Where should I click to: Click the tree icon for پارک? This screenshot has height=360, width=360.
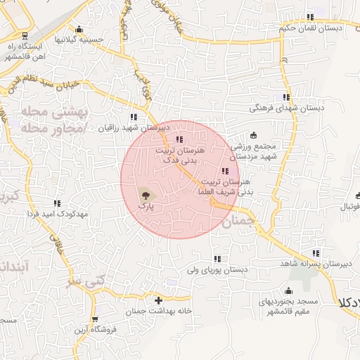pos(144,195)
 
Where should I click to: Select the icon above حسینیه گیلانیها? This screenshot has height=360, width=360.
pos(79,30)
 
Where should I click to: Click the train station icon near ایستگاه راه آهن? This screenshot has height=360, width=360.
pos(25,34)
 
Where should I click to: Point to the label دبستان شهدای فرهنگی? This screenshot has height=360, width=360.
pos(286,109)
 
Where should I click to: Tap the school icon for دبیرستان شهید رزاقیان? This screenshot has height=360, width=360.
pos(133,117)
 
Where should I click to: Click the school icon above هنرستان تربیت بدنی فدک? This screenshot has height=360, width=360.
pos(179,139)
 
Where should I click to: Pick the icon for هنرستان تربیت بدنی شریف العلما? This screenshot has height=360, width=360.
pos(224,171)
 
